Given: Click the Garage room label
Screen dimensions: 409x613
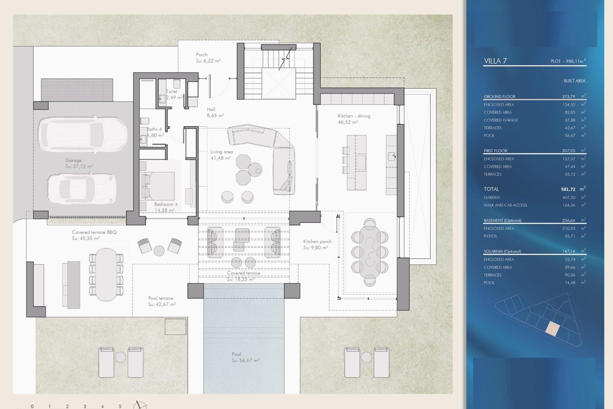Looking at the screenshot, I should point(74,160).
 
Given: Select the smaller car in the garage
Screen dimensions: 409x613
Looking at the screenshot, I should point(81,189).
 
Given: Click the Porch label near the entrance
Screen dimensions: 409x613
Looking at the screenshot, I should point(202,55).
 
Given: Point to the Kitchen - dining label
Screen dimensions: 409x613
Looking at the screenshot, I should point(354,116).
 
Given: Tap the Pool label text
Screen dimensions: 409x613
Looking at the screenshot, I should point(236,354).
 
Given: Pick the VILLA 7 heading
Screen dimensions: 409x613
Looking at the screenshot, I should point(495,61).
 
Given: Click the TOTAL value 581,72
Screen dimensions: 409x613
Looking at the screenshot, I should point(568,189).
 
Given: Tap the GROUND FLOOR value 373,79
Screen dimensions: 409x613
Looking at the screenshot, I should point(569,96).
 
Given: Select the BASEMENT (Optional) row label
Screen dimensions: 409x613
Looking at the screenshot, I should point(503,220).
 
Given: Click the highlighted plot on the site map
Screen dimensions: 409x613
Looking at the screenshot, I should point(552,329).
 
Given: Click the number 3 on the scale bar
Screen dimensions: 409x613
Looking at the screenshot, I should point(85,406).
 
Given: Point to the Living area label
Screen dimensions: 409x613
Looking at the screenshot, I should point(222,152).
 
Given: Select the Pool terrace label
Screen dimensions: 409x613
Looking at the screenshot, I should point(161,298).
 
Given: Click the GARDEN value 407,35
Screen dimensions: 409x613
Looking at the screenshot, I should point(569,197).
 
